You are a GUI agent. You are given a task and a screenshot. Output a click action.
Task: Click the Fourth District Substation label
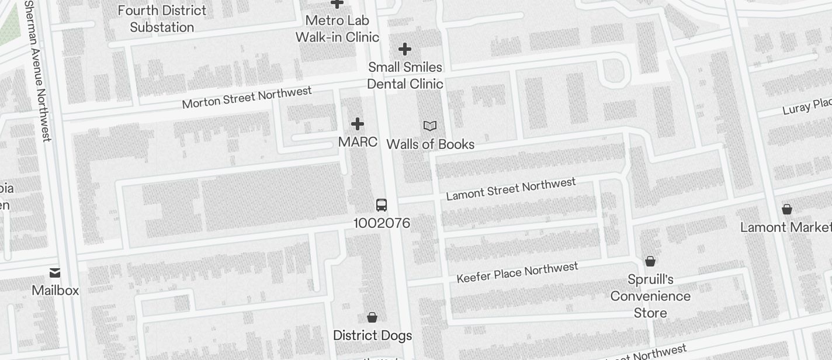point(162,19)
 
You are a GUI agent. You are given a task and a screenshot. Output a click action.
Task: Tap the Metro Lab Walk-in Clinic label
point(337,29)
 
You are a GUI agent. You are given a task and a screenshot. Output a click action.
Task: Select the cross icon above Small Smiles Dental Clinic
point(404,49)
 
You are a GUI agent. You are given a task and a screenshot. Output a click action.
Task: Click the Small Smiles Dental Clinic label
point(405,75)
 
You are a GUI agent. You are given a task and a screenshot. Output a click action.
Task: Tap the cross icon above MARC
point(358,124)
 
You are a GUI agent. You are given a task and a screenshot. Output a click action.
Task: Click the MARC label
point(358,142)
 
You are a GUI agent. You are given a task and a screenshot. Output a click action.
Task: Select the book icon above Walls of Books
point(430,126)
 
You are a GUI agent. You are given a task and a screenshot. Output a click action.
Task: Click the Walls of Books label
point(430,144)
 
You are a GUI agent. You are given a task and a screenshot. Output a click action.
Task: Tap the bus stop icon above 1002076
point(382,205)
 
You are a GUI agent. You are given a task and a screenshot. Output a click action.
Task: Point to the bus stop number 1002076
point(382,223)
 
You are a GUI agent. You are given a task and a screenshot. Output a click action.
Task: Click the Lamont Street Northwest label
point(511,189)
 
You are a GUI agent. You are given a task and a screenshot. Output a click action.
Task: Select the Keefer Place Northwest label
point(517,272)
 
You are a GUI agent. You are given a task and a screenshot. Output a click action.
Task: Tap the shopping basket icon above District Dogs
point(372,317)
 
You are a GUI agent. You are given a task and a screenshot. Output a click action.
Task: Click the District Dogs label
point(372,336)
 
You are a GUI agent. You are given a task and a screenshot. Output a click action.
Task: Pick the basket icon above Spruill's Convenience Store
point(650,261)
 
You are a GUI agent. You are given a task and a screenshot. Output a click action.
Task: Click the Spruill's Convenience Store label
point(650,296)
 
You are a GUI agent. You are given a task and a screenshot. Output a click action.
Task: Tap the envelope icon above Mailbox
point(55,272)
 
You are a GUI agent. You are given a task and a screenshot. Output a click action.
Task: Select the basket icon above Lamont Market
point(787,209)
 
